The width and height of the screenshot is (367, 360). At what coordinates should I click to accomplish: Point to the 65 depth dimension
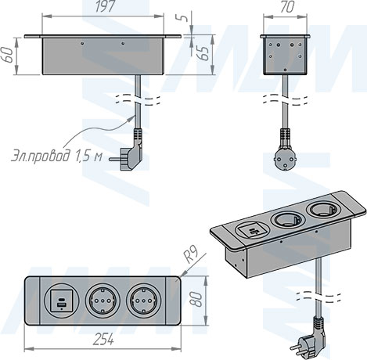[203, 57]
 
